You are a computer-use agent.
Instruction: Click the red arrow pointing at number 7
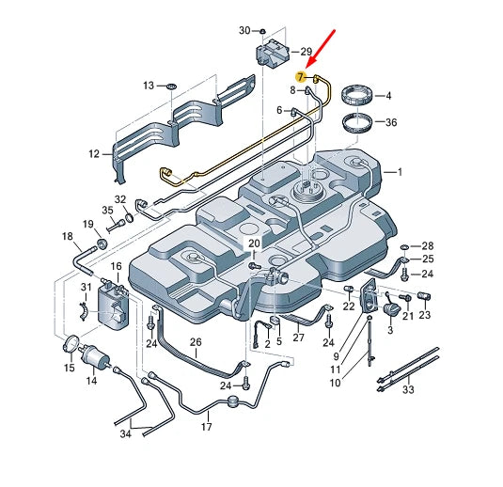tap(322, 49)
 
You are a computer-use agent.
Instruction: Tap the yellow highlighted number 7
tap(301, 77)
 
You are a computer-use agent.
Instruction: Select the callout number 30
tap(244, 31)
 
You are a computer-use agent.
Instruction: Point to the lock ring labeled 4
tap(357, 95)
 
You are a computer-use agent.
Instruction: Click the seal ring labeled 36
tap(356, 123)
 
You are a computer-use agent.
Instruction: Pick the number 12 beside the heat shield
tap(94, 154)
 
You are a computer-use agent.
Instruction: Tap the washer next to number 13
tap(172, 86)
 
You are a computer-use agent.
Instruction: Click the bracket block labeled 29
tap(273, 53)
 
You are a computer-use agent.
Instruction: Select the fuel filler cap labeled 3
tap(392, 309)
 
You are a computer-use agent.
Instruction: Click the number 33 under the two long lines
tap(408, 389)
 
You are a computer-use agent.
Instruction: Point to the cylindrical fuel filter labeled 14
tap(96, 354)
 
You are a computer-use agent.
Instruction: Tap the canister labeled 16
tap(113, 305)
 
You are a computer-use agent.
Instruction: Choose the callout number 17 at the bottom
tap(207, 427)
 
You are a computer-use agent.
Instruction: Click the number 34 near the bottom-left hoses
tap(126, 433)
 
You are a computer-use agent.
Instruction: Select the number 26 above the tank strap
tap(196, 342)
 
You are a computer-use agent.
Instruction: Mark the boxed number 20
tap(254, 243)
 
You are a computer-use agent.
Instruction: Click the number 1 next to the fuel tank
tap(400, 172)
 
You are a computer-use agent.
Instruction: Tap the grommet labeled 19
tap(102, 243)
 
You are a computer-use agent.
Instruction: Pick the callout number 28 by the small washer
tap(427, 246)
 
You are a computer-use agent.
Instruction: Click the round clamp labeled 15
tap(71, 345)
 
